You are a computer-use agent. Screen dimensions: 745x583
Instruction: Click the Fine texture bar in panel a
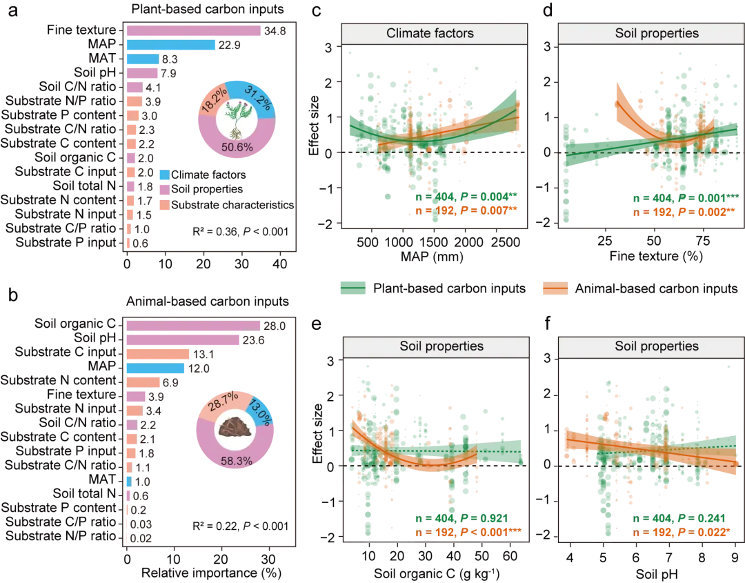pos(193,30)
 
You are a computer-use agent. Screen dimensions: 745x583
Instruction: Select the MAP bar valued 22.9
pos(170,45)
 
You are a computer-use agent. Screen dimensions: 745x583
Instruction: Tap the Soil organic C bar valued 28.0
pos(193,326)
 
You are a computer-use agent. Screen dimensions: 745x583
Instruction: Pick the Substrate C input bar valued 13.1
pos(158,354)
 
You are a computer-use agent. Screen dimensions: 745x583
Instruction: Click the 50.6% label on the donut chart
pos(237,147)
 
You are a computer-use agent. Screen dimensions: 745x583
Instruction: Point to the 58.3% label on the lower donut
pos(236,461)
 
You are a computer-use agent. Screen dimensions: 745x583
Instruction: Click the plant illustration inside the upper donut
pos(236,119)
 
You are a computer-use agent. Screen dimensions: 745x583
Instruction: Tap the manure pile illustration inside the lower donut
pos(235,426)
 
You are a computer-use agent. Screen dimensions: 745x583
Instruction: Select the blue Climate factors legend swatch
pos(164,175)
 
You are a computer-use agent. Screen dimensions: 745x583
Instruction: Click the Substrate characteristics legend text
pos(233,205)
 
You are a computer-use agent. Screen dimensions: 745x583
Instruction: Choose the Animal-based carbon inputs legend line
pos(555,288)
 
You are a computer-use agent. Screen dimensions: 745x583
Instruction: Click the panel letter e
pos(316,324)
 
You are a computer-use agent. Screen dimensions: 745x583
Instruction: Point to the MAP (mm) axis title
pos(432,257)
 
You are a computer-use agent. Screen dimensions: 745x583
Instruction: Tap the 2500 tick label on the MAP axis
pos(506,242)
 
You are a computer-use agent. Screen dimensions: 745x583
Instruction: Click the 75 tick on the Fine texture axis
pos(703,241)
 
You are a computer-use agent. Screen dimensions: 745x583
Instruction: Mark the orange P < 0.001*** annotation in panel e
pos(492,532)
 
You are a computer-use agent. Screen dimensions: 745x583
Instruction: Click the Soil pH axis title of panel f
pos(657,574)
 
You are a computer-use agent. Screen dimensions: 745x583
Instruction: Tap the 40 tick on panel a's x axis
pos(280,264)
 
